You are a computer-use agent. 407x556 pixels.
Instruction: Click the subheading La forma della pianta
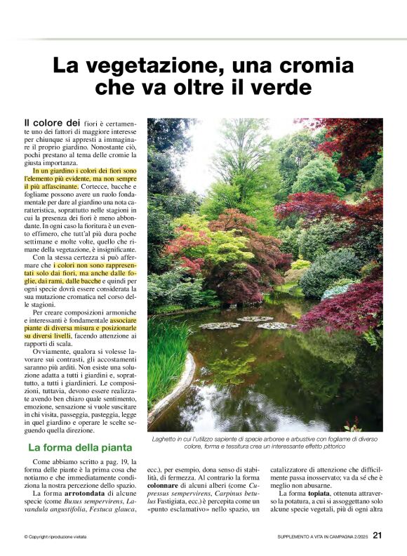click(x=79, y=447)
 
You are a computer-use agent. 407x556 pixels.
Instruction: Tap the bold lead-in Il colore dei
click(x=48, y=123)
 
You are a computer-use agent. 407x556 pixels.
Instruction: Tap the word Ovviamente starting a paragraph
click(x=50, y=355)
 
